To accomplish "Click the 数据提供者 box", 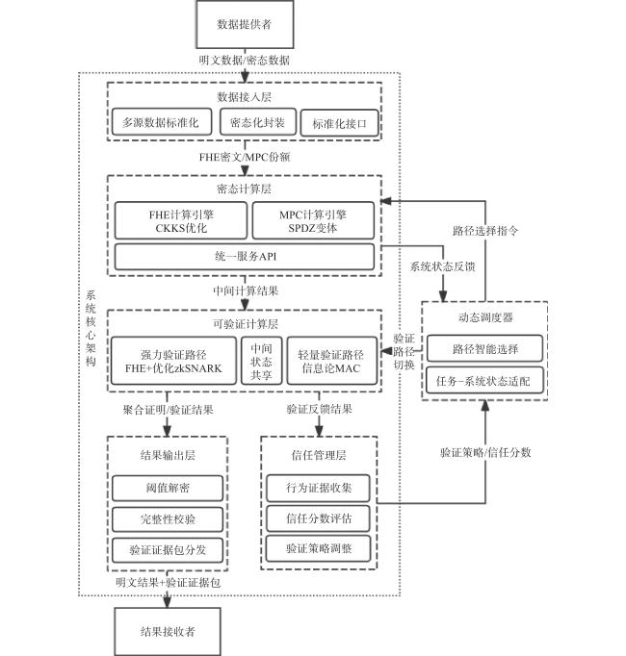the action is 245,24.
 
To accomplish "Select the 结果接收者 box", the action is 168,631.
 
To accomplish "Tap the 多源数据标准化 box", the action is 162,122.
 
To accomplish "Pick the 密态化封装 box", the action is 258,122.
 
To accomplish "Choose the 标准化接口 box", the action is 339,123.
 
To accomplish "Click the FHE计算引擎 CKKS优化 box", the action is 181,221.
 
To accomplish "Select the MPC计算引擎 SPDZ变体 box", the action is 313,221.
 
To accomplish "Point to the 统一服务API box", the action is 245,257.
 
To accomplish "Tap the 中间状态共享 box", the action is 261,361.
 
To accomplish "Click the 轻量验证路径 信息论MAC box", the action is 331,361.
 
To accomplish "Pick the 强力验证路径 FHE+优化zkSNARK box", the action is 173,361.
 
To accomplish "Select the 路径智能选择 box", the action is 484,348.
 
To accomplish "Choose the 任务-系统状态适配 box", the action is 484,381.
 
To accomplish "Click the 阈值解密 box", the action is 168,488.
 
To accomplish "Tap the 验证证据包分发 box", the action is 168,550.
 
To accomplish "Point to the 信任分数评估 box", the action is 319,518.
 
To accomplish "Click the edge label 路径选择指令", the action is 485,231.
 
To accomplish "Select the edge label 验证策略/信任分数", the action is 485,452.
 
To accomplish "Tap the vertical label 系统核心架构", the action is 91,328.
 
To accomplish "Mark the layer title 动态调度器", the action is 485,317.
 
